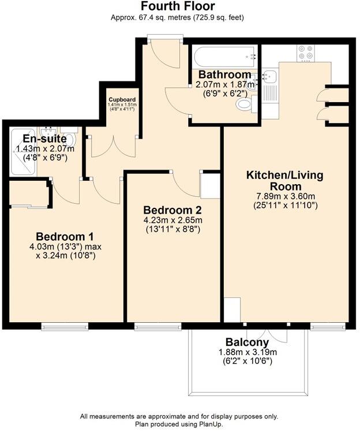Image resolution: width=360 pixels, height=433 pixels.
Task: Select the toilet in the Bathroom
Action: coord(245,104)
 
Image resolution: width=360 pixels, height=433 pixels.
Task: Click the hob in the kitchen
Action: coord(305,54)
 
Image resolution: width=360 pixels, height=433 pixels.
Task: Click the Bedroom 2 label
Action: coord(172,210)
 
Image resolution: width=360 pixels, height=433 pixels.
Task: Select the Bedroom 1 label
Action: coord(65,237)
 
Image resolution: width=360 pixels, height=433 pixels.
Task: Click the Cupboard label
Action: coord(122,99)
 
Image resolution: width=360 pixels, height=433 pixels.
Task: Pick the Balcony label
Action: coord(247,342)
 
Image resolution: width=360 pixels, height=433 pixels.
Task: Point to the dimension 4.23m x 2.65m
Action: coord(172,220)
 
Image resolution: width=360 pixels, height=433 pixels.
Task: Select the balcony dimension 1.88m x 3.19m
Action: coord(247,353)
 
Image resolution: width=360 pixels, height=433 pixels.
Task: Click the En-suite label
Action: coord(44,139)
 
